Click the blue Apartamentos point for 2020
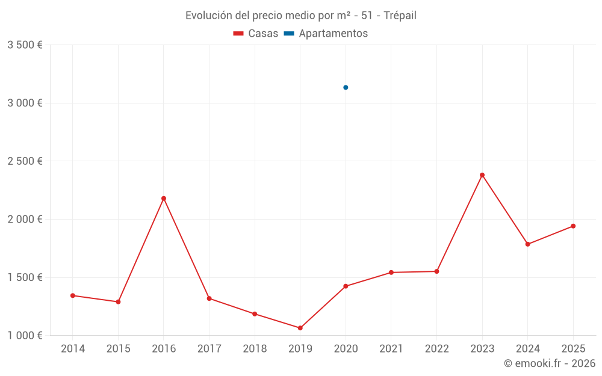(346, 87)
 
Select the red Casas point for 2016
(164, 199)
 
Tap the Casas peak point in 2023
(482, 175)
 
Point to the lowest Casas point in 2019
(300, 328)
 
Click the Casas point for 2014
(73, 295)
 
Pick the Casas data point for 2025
(573, 226)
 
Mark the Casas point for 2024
(528, 244)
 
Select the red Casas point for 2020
(346, 286)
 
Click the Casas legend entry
(256, 34)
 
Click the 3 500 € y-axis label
(25, 45)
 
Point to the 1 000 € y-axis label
(25, 336)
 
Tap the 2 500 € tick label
(25, 161)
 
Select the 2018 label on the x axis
(255, 349)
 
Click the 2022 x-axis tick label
(436, 349)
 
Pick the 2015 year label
(118, 349)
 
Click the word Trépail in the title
(400, 16)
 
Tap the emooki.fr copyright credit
(550, 363)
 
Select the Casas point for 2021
(391, 273)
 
